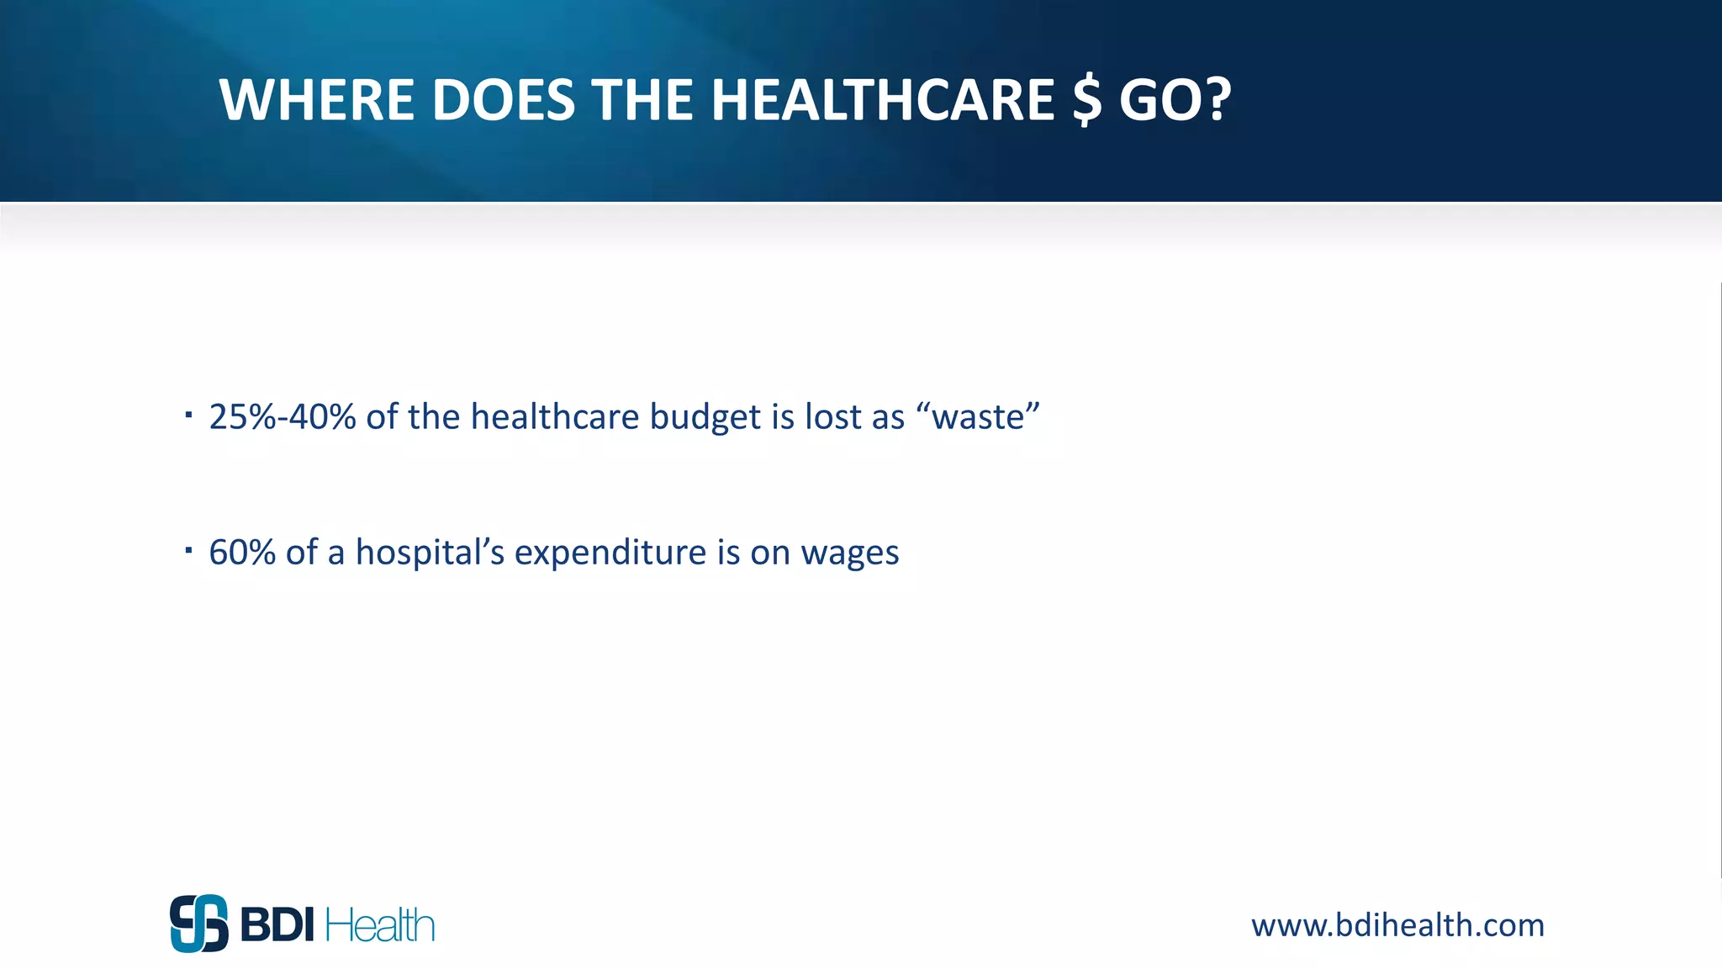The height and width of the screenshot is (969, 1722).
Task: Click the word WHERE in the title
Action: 316,100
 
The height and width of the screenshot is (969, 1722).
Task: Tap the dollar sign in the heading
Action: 1086,100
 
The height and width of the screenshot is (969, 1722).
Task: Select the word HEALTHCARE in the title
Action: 882,100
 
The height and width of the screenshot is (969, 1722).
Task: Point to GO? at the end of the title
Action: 1175,100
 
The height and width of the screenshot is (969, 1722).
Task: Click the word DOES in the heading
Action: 503,100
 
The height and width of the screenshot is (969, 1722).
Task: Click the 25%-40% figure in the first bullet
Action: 283,417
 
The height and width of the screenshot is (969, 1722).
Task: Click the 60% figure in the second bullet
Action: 241,553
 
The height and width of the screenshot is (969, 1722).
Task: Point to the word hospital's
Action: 430,553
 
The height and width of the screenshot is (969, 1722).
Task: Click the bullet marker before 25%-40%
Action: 189,414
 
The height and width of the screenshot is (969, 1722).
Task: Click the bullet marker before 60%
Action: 189,551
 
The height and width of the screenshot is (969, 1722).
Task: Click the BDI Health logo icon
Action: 199,924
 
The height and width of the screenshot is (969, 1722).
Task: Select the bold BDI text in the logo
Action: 277,925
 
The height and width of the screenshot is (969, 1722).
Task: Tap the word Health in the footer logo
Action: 379,925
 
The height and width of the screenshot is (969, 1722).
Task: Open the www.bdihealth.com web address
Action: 1397,925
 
